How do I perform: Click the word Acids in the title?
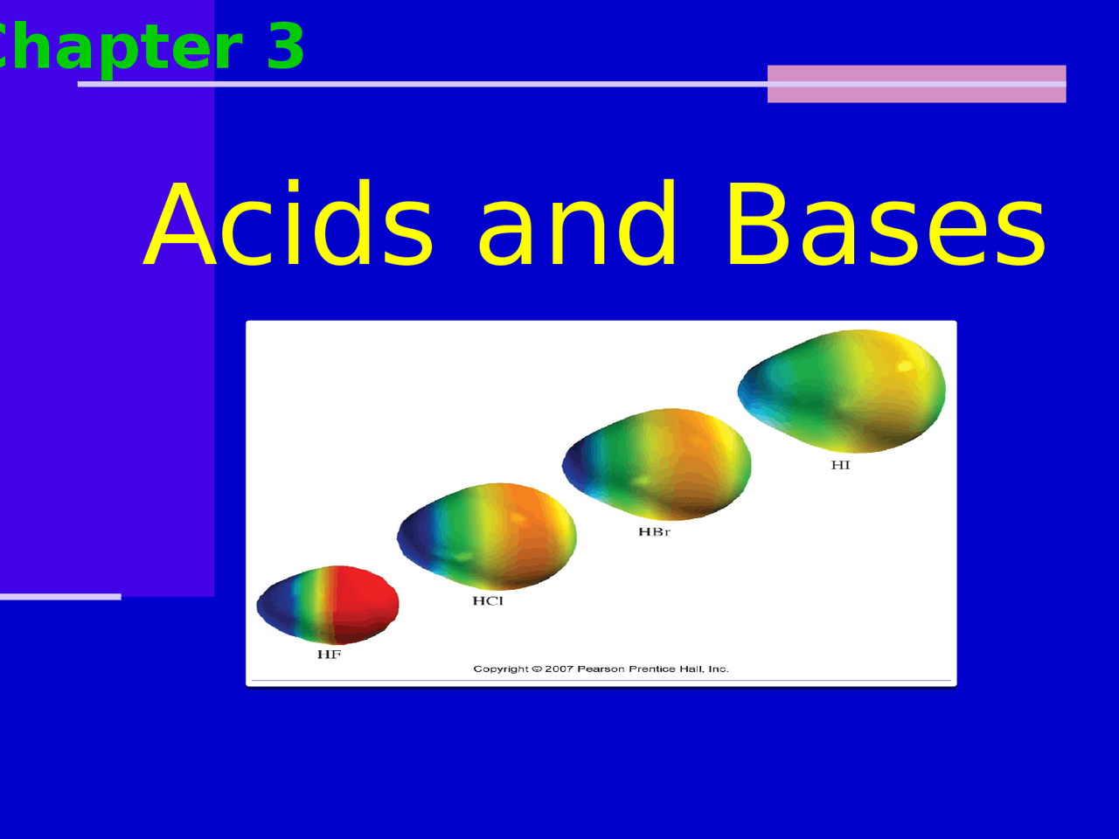click(x=288, y=225)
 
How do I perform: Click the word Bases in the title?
click(x=885, y=225)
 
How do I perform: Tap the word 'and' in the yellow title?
click(x=577, y=225)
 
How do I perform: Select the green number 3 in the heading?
click(x=286, y=47)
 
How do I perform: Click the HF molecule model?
click(x=328, y=605)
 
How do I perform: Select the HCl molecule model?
click(x=487, y=536)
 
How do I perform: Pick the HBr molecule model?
click(x=657, y=464)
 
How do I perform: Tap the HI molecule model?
click(x=841, y=391)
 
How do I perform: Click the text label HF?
click(x=329, y=655)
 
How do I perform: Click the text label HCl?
click(x=488, y=601)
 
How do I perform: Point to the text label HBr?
click(x=654, y=532)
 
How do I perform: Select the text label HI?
click(x=840, y=465)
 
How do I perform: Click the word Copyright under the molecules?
click(x=501, y=669)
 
